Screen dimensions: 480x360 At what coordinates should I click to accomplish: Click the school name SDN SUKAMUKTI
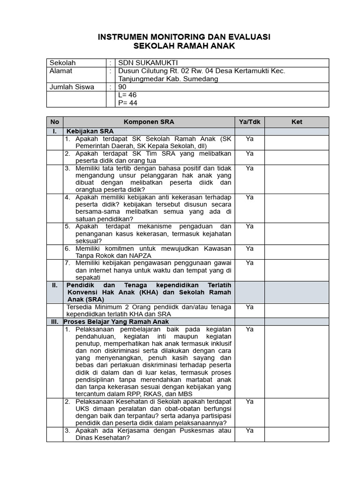tap(148, 63)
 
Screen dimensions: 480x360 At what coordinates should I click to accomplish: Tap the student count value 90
tap(122, 87)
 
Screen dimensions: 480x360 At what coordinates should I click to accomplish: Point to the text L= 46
tap(127, 95)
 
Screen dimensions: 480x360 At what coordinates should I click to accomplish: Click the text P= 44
tap(127, 103)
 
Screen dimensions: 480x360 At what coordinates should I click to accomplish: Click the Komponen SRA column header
tap(149, 122)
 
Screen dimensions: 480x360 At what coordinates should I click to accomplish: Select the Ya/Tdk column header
tap(249, 122)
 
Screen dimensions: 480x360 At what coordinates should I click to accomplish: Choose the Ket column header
tap(297, 122)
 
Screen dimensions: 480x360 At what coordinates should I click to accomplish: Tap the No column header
tap(55, 122)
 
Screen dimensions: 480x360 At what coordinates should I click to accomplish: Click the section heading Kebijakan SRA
tap(90, 131)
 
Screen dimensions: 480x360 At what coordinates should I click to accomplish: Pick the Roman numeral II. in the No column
tap(55, 285)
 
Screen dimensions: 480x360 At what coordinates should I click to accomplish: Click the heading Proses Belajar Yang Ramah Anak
tap(116, 322)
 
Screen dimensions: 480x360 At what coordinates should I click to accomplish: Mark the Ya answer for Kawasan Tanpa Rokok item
tap(249, 248)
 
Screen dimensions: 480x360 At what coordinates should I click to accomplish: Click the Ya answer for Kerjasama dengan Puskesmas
tap(249, 430)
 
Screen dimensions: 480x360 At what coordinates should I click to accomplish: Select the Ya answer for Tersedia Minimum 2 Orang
tap(249, 307)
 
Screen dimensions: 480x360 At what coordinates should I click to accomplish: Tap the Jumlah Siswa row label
tap(72, 87)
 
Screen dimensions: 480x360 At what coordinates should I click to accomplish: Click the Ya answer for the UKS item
tap(249, 401)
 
